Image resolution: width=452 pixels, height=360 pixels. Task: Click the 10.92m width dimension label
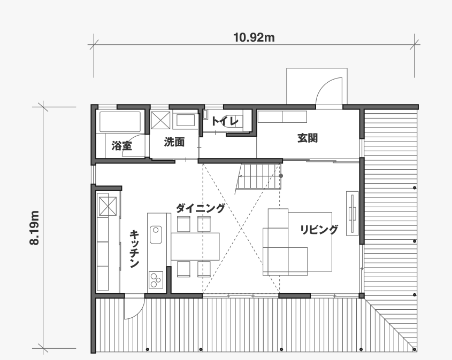[254, 37]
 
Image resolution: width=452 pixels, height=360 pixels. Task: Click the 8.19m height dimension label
[34, 228]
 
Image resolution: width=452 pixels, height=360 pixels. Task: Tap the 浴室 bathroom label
[121, 146]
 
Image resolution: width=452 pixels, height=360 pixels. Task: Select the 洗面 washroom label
[174, 142]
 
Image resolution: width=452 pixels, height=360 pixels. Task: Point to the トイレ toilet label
[225, 121]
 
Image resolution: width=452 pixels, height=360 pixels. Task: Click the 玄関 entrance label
[308, 138]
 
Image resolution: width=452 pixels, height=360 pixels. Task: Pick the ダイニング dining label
[200, 208]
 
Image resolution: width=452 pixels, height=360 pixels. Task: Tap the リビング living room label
[318, 230]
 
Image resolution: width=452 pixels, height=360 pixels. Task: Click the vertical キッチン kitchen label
[134, 249]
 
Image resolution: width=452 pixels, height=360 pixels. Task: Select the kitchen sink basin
[156, 235]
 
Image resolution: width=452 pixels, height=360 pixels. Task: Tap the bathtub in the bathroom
[120, 122]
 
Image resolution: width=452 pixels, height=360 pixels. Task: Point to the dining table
[195, 247]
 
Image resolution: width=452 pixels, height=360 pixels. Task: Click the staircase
[258, 176]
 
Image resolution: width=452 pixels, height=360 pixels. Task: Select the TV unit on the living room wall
[353, 213]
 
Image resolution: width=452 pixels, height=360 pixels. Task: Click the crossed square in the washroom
[160, 120]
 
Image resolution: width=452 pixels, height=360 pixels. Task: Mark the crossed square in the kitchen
[108, 206]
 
